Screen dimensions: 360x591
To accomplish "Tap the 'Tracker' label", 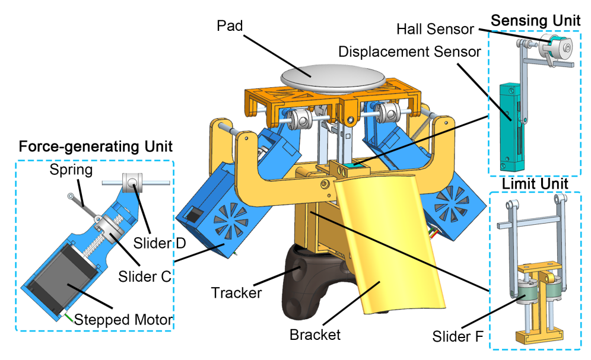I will [236, 292].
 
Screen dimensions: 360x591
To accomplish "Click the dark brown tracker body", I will [303, 278].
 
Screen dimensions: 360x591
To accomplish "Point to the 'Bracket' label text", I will [315, 334].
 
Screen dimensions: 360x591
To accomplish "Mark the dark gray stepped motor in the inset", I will [62, 285].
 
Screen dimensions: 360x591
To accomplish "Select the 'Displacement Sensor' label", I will [409, 52].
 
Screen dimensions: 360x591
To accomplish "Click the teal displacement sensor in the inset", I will [511, 125].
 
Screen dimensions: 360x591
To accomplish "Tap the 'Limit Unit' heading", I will [536, 184].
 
